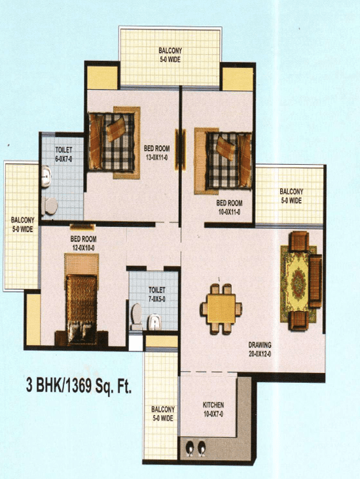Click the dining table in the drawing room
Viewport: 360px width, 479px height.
(221, 309)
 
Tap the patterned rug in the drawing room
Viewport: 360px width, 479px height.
(298, 284)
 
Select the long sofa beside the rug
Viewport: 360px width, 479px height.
(315, 281)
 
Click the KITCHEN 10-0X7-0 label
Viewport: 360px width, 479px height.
(213, 410)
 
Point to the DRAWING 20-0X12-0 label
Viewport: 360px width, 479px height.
(260, 349)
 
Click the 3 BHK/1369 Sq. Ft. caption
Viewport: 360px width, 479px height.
(79, 386)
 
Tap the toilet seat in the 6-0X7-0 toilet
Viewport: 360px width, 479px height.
(50, 205)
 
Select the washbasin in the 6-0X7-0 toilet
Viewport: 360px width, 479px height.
(46, 176)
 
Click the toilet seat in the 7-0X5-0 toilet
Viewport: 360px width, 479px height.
(136, 316)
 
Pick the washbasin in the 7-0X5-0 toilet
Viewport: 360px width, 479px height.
(154, 322)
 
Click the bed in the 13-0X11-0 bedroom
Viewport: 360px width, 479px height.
(112, 142)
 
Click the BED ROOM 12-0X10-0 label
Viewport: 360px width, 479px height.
(83, 243)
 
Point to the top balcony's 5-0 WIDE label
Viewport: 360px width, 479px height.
(170, 60)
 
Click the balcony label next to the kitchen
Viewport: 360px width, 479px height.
(163, 414)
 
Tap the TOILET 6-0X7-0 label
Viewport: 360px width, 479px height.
(64, 154)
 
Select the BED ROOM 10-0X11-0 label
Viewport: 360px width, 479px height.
(229, 207)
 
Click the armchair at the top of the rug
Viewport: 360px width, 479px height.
(299, 241)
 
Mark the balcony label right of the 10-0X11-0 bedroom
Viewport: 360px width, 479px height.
(291, 196)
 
